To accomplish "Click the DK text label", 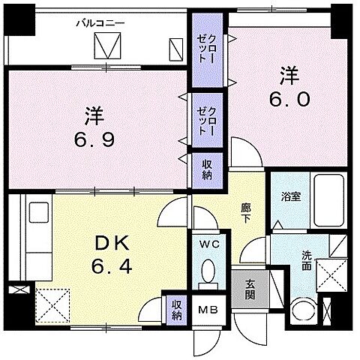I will pos(112,244).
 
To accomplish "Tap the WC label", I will pos(208,244).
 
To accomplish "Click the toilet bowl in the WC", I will pos(208,272).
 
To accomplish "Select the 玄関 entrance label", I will pos(250,286).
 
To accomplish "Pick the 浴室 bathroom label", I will pos(290,197).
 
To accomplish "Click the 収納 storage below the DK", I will pos(177,308).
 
